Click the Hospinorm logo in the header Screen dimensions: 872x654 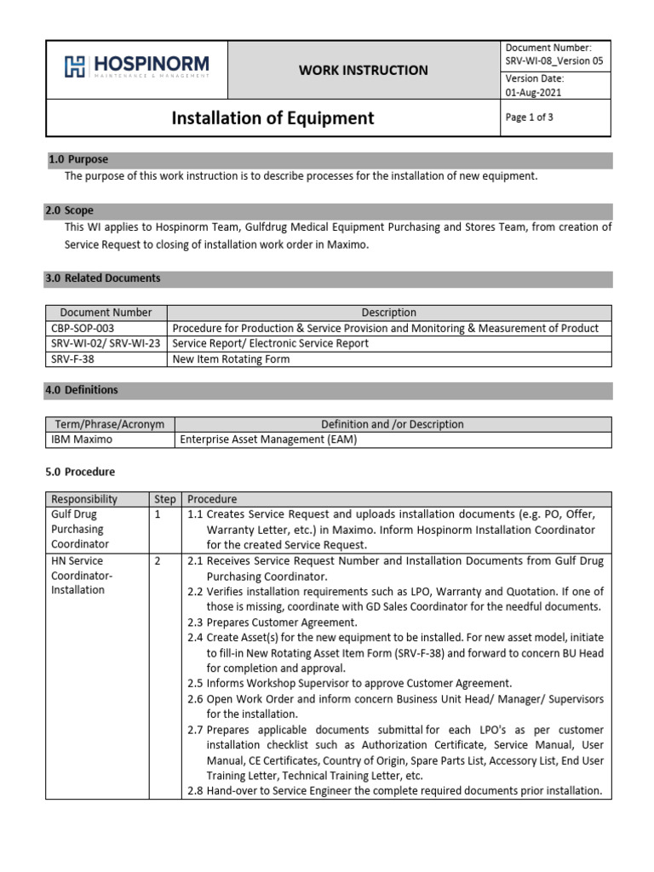pos(136,67)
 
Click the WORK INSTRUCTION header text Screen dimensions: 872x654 pos(363,70)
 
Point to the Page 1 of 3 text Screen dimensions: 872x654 pos(530,118)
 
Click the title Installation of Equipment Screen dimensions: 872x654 pos(272,118)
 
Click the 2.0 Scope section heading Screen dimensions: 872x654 pos(73,210)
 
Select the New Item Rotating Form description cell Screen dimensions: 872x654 pos(231,359)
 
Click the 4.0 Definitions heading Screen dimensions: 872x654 pos(85,390)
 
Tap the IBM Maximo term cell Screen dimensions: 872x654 pos(80,439)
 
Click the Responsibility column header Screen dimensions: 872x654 pos(84,499)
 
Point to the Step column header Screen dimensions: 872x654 pos(164,499)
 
